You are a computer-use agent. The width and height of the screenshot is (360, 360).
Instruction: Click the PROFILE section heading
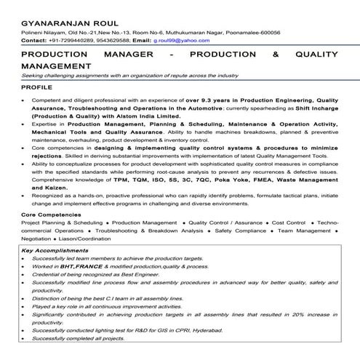point(36,87)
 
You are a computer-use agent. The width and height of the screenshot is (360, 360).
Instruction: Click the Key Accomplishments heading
point(55,250)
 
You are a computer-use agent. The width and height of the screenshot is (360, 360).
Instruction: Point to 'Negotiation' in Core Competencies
point(37,240)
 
